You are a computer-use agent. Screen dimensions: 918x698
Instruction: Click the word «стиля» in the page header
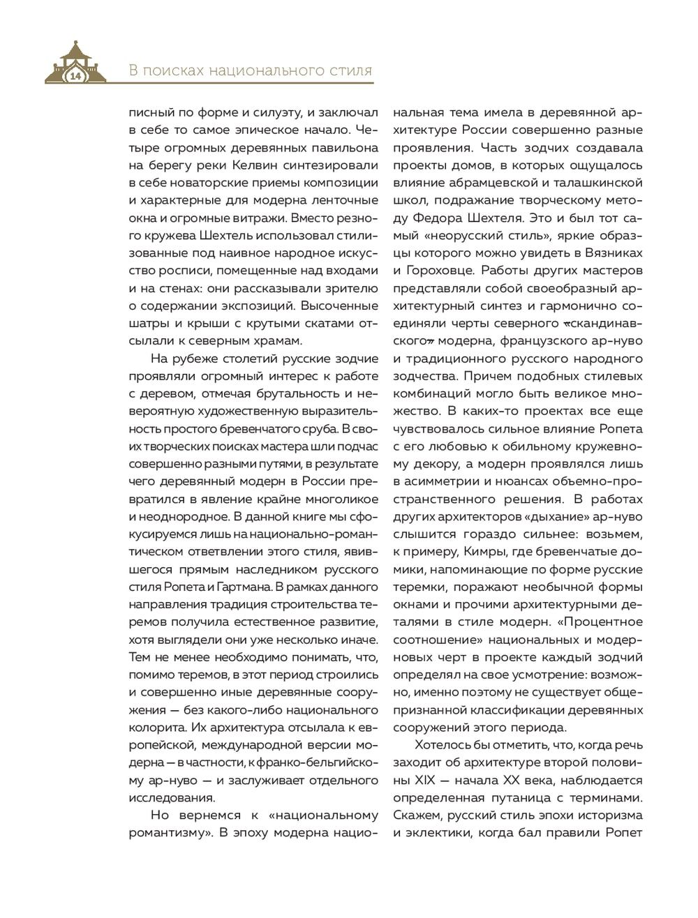coord(350,70)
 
